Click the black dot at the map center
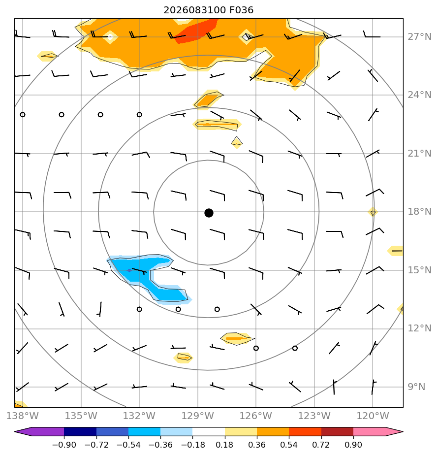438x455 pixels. [209, 213]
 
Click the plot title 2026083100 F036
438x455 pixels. [208, 10]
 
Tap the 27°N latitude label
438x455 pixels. [419, 37]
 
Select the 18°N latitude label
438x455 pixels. [419, 212]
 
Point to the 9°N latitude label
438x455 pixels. [416, 387]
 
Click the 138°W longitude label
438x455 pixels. [23, 416]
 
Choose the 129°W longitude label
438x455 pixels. [198, 416]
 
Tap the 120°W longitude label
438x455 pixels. [373, 416]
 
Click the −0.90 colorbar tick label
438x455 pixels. [64, 445]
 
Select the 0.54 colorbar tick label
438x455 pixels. [289, 445]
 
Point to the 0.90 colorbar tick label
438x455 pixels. [353, 445]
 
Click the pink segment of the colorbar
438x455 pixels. [377, 431]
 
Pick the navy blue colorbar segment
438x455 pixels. [80, 431]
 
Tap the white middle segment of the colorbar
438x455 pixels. [209, 431]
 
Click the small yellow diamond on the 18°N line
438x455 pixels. [373, 212]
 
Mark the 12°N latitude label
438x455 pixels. [419, 328]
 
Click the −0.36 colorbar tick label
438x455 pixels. [160, 445]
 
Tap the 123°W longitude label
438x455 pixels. [314, 416]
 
